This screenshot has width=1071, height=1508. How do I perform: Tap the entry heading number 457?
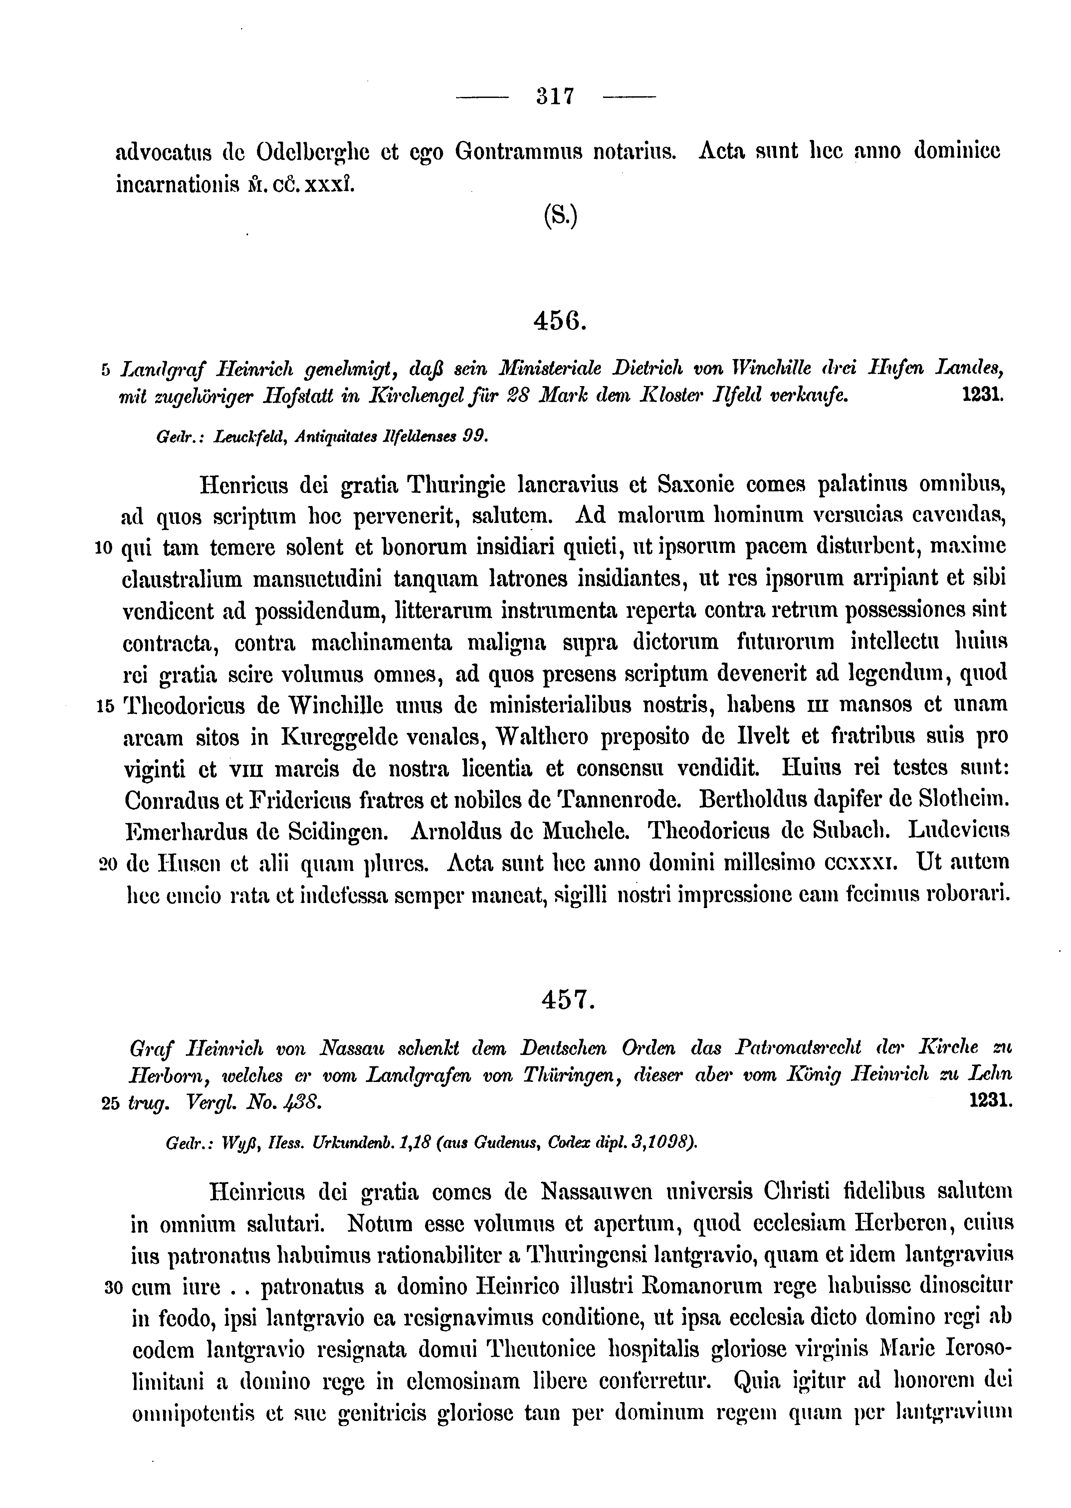[568, 1001]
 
